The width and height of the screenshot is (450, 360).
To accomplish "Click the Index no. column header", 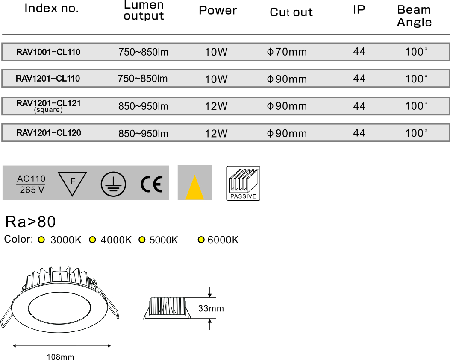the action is (52, 8).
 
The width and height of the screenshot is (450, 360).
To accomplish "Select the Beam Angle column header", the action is (414, 16).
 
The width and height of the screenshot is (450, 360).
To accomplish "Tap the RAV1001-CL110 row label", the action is (48, 52).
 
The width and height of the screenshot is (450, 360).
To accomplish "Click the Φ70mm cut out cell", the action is (287, 52).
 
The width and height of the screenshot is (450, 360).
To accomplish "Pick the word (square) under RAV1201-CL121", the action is (48, 110).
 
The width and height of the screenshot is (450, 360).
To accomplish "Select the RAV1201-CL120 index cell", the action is (48, 133).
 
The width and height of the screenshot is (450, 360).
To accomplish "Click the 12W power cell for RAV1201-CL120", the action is (216, 133).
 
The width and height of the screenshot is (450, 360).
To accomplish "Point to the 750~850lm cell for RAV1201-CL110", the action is (143, 79).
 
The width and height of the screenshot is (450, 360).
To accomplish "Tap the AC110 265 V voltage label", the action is (31, 184).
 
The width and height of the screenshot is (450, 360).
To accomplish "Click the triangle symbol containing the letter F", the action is (72, 183).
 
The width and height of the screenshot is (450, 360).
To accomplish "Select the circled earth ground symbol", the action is (113, 184).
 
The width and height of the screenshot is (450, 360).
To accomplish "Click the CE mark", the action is (152, 184).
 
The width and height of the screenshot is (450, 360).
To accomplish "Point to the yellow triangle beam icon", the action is (194, 188).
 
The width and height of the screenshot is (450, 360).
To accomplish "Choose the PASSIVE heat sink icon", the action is (243, 183).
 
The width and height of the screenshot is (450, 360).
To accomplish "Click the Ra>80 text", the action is (30, 222).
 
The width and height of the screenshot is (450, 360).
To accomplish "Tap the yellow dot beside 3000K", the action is (41, 240).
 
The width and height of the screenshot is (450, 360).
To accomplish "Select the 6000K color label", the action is (223, 240).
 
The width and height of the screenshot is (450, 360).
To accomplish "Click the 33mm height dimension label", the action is (211, 309).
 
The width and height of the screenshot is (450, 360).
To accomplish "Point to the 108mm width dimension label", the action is (60, 357).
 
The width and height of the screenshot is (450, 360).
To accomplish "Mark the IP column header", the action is (359, 10).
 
